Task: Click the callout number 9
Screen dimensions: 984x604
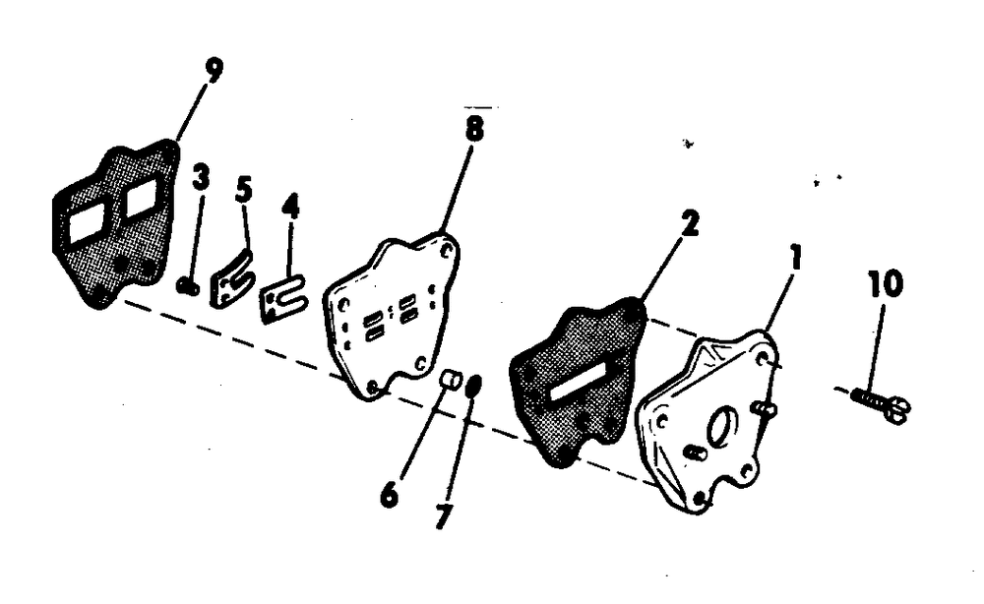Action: tap(214, 71)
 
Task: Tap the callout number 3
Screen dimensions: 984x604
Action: tap(201, 177)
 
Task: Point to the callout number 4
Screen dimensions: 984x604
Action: tap(290, 206)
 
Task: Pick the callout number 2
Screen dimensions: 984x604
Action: tap(690, 224)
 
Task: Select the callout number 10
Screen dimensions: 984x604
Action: tap(886, 283)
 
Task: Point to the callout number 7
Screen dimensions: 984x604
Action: tap(443, 516)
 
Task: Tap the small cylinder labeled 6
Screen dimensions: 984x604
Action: tap(451, 380)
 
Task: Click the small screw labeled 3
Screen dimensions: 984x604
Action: tap(186, 285)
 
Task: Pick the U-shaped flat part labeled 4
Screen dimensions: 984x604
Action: tap(283, 298)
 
